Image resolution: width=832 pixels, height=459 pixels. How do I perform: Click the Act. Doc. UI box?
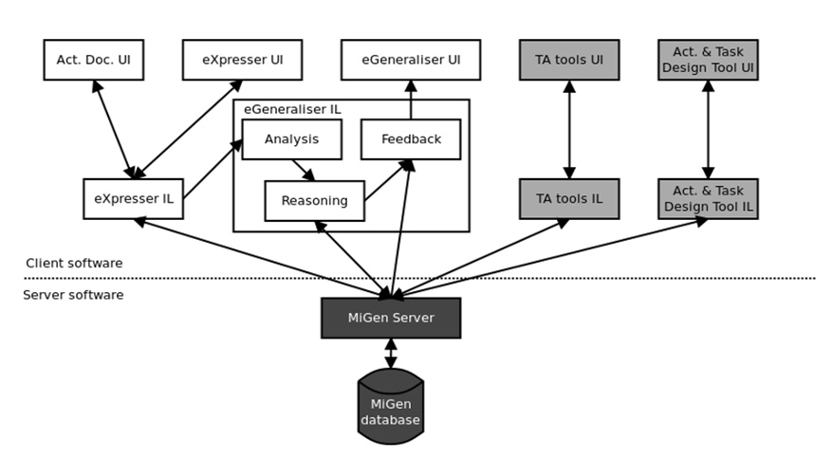tap(92, 60)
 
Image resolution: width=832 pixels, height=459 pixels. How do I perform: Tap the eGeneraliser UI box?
tap(411, 60)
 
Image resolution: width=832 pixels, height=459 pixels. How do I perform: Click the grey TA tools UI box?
tap(569, 60)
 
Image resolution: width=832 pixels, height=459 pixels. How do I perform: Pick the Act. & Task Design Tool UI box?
tap(708, 60)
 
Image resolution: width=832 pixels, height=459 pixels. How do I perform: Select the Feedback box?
tap(411, 139)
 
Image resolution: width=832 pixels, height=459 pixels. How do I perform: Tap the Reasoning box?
tap(314, 201)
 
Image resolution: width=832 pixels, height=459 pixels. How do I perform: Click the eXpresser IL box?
tap(133, 199)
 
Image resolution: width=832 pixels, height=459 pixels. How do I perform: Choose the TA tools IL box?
tap(569, 199)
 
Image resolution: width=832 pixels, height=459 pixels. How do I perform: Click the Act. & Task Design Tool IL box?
tap(708, 199)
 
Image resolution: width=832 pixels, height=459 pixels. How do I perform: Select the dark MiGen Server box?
tap(391, 318)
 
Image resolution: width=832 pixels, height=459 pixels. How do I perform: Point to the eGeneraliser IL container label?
tap(292, 110)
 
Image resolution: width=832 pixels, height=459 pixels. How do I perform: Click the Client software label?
tap(73, 264)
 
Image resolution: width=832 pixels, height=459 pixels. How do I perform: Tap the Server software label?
tap(73, 296)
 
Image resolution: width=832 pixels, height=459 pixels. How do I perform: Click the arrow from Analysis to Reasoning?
tap(304, 170)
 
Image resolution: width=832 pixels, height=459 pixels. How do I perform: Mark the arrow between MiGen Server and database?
tap(391, 354)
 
